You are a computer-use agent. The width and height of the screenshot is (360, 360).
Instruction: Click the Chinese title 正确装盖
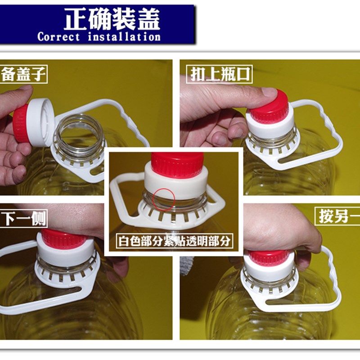(112, 19)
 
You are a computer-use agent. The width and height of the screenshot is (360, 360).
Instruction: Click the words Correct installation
(99, 37)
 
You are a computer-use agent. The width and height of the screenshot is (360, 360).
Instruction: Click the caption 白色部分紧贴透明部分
(175, 241)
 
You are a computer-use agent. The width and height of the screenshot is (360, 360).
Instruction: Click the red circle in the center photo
(164, 199)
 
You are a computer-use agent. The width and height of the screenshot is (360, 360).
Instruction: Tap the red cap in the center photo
(177, 165)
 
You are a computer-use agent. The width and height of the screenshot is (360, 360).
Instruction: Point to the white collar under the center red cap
(177, 184)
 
